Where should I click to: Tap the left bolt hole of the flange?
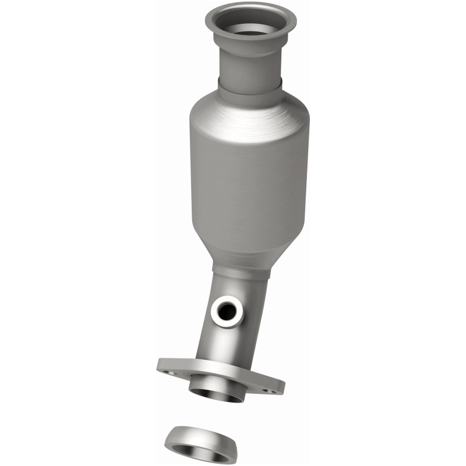tap(167, 369)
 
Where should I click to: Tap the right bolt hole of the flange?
tap(270, 391)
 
